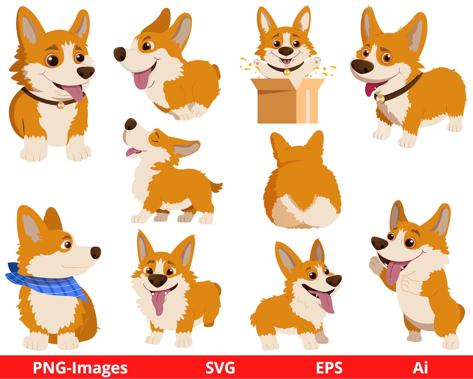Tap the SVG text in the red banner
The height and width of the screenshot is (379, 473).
tap(220, 368)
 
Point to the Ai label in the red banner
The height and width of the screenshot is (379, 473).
tap(420, 368)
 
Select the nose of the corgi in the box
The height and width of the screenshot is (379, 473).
tap(286, 51)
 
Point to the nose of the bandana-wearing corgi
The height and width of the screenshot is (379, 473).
tap(95, 252)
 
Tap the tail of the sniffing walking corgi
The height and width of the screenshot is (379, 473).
tap(216, 187)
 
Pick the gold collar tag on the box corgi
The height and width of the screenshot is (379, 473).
tap(287, 72)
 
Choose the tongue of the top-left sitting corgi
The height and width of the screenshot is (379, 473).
tap(74, 93)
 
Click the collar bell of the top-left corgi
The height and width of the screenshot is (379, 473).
tap(60, 105)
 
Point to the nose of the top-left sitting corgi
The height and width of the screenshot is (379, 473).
tap(85, 72)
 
